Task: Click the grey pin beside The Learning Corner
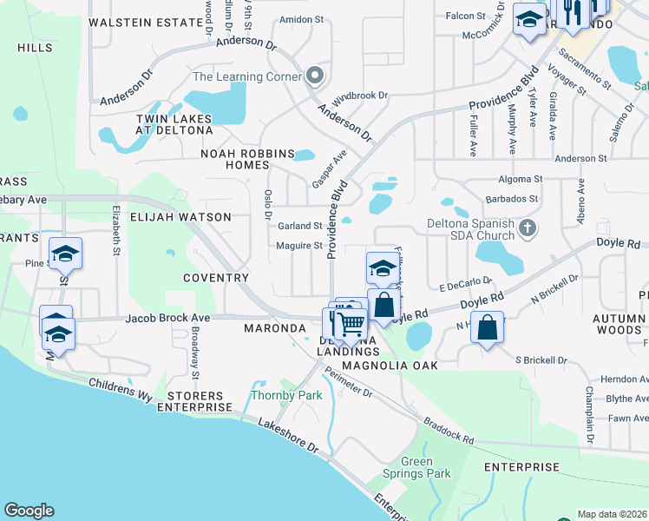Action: tap(314, 76)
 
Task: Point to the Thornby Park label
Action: tap(286, 395)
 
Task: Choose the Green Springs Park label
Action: tap(417, 467)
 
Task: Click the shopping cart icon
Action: tap(351, 323)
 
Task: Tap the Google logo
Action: tap(29, 511)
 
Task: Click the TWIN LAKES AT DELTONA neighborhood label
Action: tap(174, 123)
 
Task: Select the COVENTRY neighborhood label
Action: tap(216, 278)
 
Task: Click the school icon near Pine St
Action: tap(65, 253)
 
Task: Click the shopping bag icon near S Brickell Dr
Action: tap(488, 328)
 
